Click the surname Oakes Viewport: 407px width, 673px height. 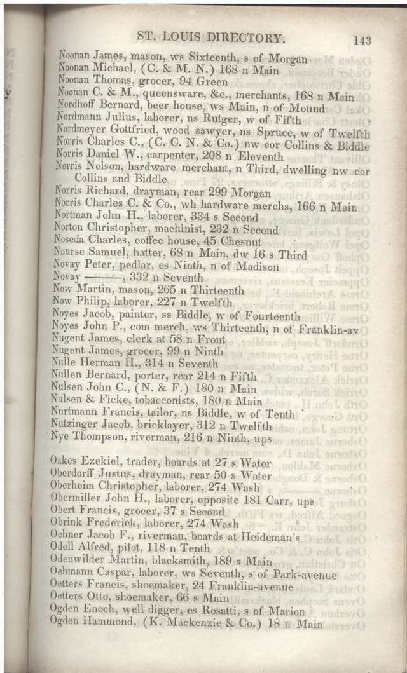coord(64,464)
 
